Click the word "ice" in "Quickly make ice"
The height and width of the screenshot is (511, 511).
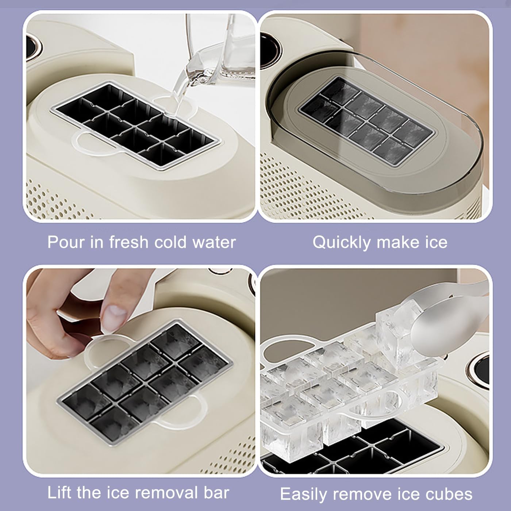436,242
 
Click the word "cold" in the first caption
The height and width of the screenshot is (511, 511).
170,242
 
